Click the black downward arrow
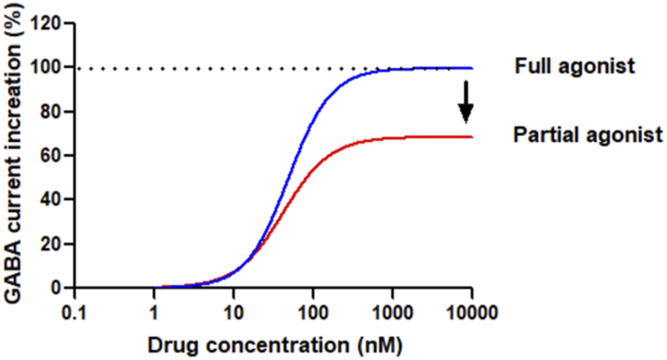coord(466,102)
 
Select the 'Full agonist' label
coord(574,67)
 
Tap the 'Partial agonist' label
coord(587,135)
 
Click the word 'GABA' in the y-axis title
coord(16,258)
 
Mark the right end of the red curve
coord(473,137)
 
